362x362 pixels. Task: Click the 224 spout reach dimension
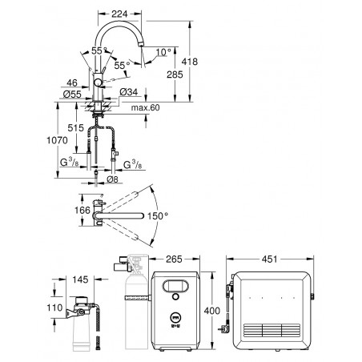click(119, 14)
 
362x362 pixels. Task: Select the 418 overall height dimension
click(190, 62)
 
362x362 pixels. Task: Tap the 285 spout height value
click(175, 74)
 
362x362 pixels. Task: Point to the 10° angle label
click(163, 52)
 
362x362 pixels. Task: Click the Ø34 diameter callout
click(129, 92)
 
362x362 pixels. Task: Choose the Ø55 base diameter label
click(72, 94)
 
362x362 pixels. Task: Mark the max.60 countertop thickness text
click(145, 107)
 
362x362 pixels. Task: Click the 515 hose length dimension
click(75, 128)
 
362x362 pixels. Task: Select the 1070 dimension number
click(57, 140)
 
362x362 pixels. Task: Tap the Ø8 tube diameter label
click(112, 179)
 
